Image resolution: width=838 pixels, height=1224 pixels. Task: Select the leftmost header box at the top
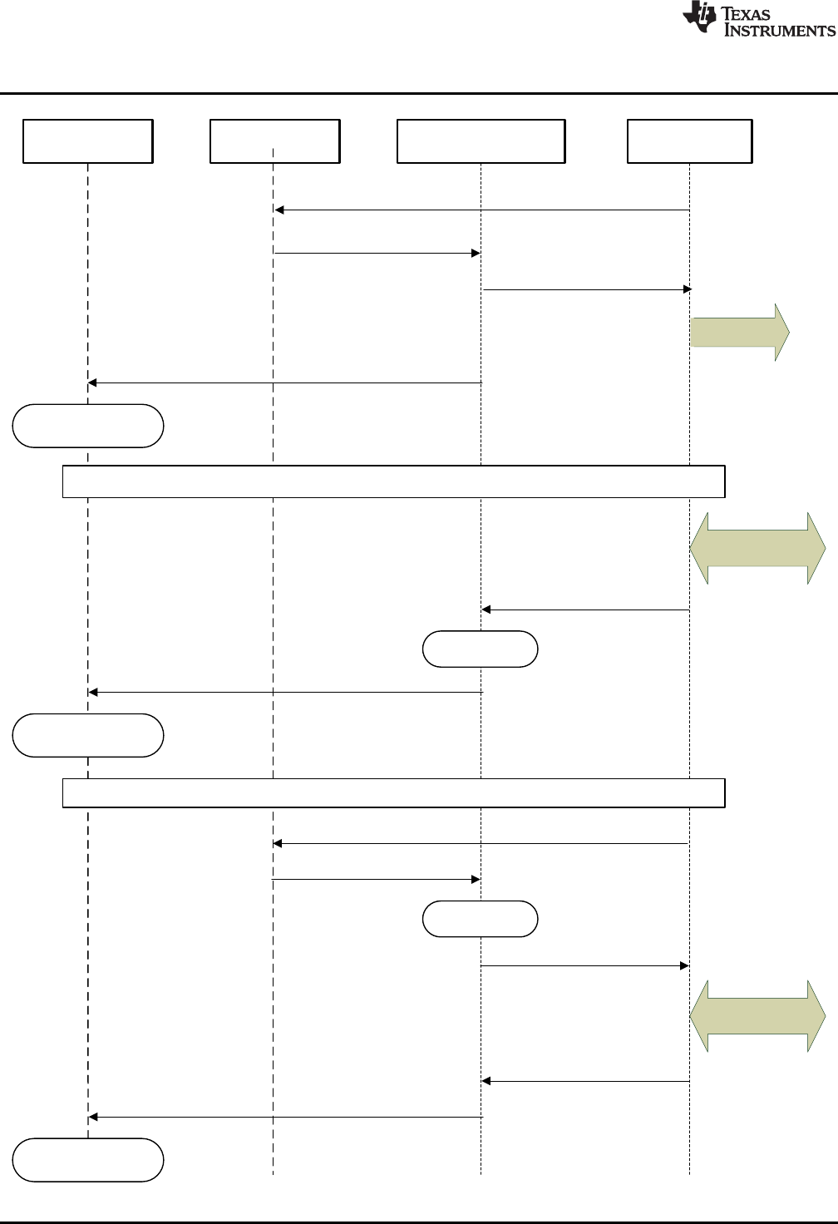88,141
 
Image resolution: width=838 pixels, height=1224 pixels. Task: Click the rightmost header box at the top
690,141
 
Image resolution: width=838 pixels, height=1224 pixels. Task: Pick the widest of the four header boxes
481,141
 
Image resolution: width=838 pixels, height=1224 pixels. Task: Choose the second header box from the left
275,141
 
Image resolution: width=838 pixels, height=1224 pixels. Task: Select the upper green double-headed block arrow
757,548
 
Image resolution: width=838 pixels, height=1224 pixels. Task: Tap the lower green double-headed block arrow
757,1016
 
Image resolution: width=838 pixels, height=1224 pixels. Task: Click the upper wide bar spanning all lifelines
394,482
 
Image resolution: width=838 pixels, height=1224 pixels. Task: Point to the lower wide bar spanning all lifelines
394,793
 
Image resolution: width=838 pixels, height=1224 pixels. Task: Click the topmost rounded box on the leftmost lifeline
88,426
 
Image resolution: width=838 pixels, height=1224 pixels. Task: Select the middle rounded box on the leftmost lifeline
88,735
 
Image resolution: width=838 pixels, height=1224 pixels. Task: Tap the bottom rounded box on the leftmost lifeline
88,1160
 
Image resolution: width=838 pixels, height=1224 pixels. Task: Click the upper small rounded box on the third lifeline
481,649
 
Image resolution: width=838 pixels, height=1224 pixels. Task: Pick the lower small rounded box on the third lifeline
481,919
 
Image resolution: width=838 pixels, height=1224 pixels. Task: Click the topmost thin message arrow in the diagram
482,210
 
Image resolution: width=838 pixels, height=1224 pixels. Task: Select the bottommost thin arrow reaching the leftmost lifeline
285,1117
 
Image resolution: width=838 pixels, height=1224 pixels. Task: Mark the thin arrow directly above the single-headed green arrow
586,289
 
